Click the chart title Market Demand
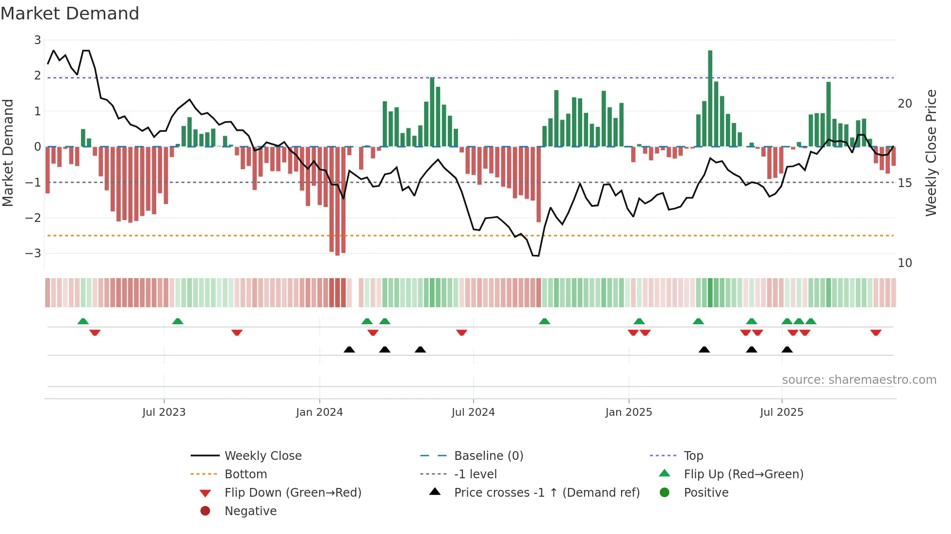pos(70,14)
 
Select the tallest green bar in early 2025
pos(710,97)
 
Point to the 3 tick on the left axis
pos(37,40)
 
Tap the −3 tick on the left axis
pos(33,253)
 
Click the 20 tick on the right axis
pos(904,104)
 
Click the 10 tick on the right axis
pos(904,263)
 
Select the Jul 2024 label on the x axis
pos(473,412)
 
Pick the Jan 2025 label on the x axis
pos(628,412)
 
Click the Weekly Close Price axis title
pos(931,153)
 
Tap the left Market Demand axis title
pos(8,153)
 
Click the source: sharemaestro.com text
pos(859,380)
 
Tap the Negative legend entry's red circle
pos(205,511)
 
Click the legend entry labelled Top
pos(693,456)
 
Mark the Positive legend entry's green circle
pos(665,493)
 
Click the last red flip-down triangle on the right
pos(875,332)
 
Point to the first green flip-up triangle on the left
pos(83,321)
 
